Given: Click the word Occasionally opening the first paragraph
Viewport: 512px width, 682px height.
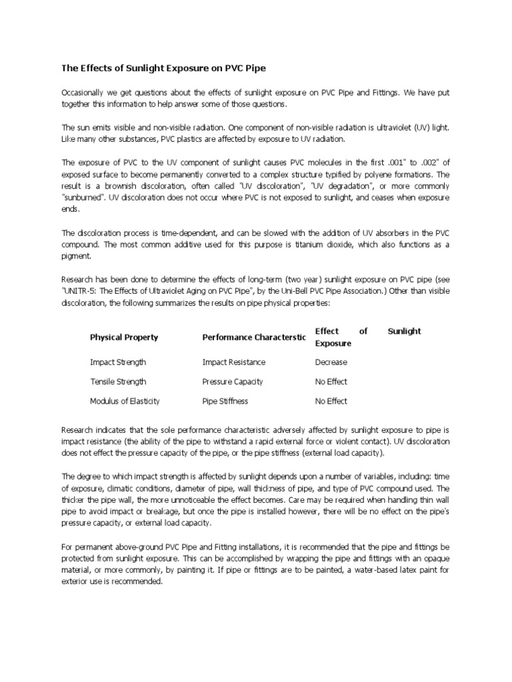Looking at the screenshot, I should click(84, 93).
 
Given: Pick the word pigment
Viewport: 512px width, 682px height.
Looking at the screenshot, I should click(75, 255).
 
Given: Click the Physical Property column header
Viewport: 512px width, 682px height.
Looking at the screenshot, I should click(124, 338).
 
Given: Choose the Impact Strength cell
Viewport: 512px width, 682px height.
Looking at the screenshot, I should click(118, 362).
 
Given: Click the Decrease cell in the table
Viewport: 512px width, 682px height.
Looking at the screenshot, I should click(331, 362).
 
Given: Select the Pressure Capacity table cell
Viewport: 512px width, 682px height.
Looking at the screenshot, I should click(233, 382).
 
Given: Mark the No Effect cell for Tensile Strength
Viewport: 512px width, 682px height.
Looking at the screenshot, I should click(331, 382).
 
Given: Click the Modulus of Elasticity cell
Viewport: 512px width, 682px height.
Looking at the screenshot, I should click(125, 402).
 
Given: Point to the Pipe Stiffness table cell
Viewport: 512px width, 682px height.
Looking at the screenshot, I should click(225, 402).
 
